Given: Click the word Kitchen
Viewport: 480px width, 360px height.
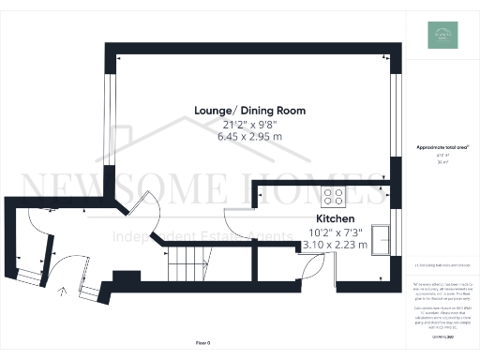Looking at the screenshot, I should coord(334,217).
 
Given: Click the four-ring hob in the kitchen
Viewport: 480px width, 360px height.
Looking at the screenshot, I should coord(334,197).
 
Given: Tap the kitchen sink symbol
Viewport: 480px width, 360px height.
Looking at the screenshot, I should coord(382,238).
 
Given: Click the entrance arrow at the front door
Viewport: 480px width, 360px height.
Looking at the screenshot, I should coord(63,292).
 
